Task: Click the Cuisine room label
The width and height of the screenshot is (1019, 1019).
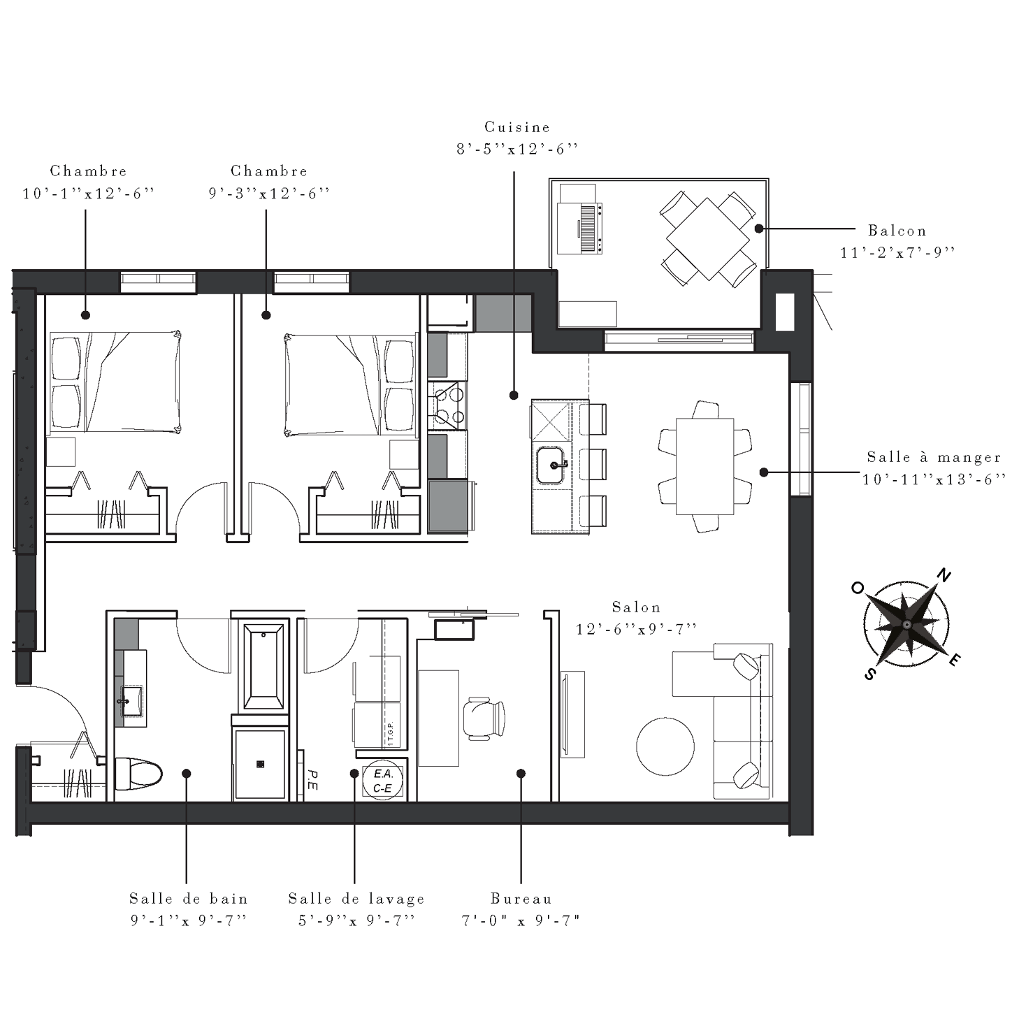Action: (x=517, y=127)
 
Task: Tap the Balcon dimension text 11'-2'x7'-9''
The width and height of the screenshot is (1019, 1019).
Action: (x=897, y=253)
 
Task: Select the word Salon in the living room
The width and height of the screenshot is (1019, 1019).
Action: (x=636, y=607)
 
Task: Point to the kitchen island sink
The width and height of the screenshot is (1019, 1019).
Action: (x=551, y=465)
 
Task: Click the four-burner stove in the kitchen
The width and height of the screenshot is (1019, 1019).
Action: (x=448, y=405)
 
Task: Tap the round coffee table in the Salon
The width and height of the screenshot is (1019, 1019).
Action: (x=665, y=746)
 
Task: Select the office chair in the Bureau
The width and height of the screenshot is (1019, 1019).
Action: (x=484, y=718)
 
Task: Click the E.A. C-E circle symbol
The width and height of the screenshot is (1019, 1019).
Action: (x=383, y=781)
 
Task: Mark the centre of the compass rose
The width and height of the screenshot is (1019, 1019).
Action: (x=906, y=625)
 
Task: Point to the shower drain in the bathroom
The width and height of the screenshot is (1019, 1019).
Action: (x=260, y=764)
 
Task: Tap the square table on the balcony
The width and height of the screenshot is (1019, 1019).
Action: (x=707, y=238)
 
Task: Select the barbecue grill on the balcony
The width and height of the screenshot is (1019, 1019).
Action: (x=581, y=227)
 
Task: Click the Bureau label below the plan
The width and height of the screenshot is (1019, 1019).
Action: (x=521, y=898)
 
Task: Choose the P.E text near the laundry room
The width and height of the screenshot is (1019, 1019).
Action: (x=312, y=780)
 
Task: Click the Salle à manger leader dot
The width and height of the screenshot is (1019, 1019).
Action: (x=764, y=472)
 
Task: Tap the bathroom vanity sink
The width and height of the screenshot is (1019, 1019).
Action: (x=132, y=701)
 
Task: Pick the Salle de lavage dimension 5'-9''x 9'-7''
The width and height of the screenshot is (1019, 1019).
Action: (x=356, y=920)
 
